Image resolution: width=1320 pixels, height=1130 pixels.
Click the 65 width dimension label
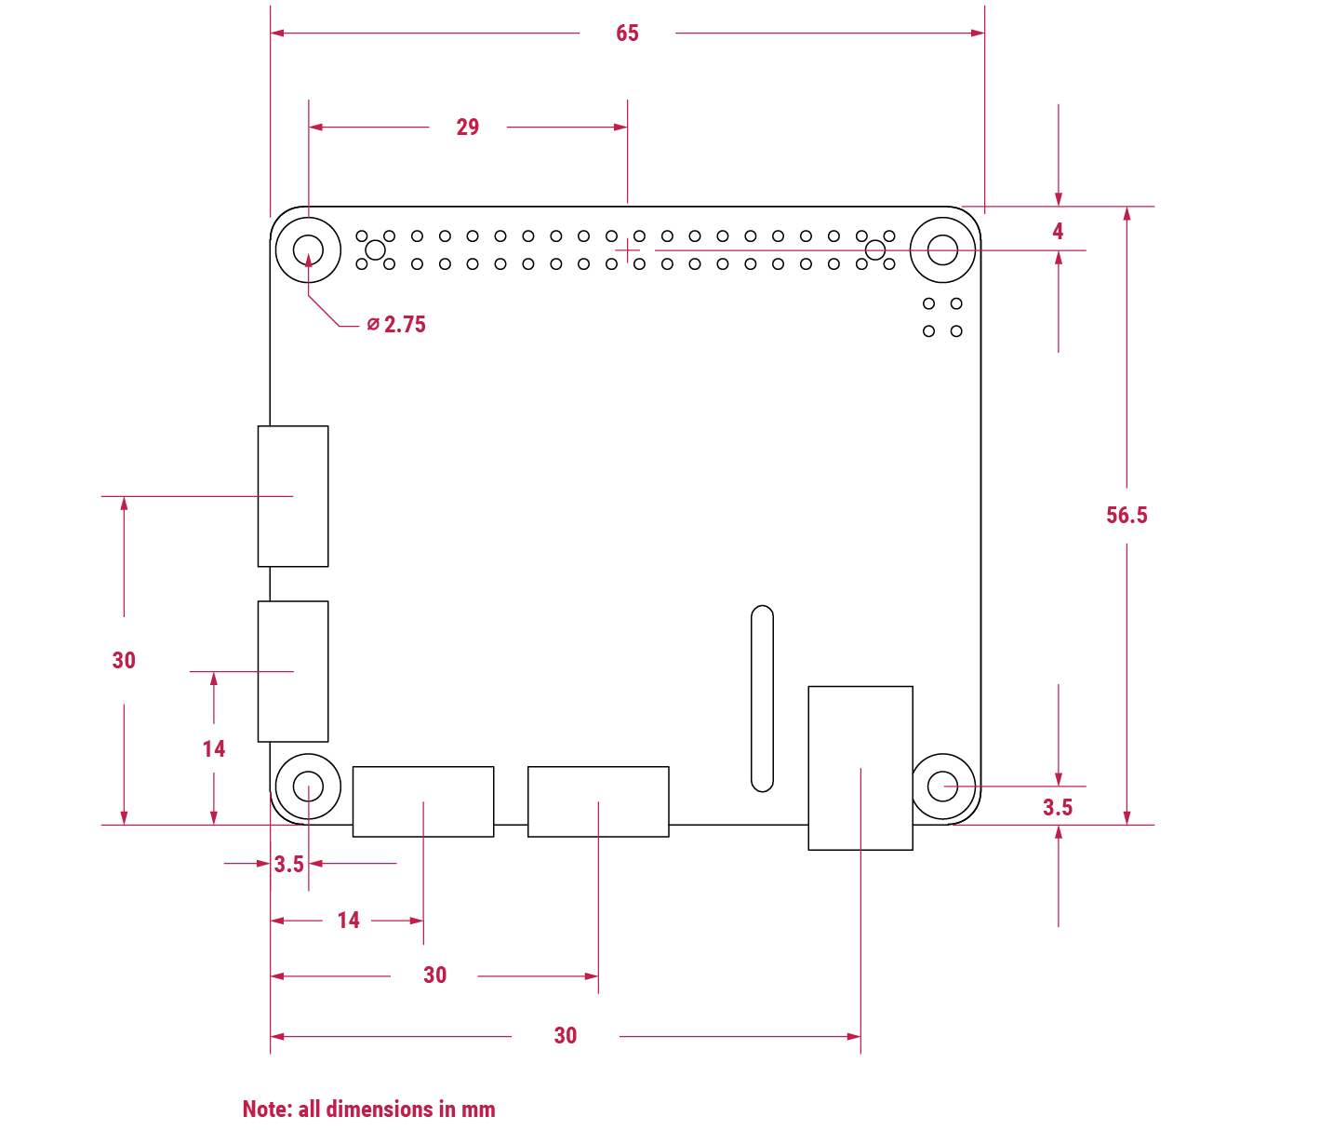(627, 34)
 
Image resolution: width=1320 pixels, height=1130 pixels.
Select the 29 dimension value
(468, 128)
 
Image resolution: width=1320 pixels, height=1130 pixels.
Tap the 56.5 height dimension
(1127, 516)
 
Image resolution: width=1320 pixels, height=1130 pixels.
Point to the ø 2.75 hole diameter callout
(396, 325)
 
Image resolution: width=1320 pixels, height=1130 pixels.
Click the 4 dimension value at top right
(1058, 232)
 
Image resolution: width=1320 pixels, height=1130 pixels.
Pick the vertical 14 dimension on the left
(214, 749)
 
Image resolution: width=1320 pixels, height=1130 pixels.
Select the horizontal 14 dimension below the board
(349, 921)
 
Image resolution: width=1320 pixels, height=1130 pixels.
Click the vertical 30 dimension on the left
(124, 661)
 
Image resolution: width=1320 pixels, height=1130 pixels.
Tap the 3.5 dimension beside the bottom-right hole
(1058, 808)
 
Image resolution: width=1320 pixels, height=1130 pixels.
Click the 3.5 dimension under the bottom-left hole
(288, 865)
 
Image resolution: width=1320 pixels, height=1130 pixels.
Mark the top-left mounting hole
(308, 249)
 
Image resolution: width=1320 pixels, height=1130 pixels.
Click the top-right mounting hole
(943, 249)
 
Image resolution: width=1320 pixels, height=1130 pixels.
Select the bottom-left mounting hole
(308, 787)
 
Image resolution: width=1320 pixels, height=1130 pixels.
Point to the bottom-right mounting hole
(943, 787)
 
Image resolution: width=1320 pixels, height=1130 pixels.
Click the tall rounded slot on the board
(762, 698)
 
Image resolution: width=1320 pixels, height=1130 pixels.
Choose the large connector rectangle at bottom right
(860, 768)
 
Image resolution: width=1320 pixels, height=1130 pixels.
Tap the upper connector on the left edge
(293, 496)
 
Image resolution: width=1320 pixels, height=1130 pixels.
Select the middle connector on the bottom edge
(598, 801)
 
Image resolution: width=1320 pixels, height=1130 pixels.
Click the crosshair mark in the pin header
(629, 250)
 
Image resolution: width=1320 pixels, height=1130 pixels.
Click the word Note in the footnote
(267, 1110)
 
